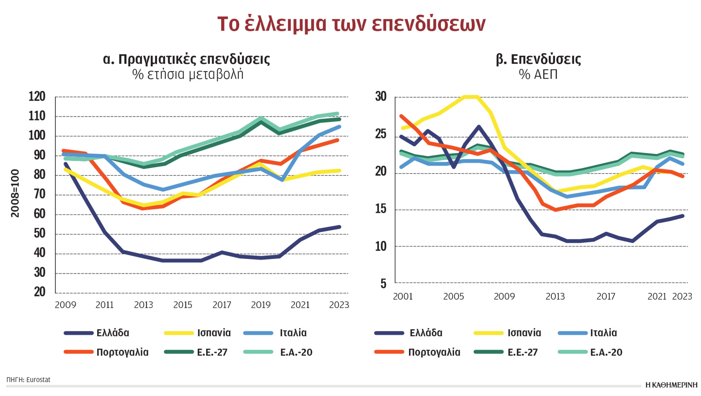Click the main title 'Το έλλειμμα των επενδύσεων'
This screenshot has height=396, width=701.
click(351, 24)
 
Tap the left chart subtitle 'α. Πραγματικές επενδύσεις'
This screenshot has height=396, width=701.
click(186, 59)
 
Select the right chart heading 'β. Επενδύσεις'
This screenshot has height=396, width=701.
click(538, 59)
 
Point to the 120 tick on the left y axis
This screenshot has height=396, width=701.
click(37, 97)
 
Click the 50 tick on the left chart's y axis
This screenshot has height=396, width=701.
click(39, 234)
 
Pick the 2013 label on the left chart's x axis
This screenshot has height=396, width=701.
click(143, 305)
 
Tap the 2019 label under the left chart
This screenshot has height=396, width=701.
click(261, 305)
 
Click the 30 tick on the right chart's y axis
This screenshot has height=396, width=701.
click(380, 97)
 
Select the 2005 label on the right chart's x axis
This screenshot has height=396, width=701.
click(453, 296)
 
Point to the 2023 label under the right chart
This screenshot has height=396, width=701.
click(682, 296)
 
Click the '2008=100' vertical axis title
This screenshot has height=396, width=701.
click(15, 193)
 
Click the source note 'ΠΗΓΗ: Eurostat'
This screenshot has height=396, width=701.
click(28, 380)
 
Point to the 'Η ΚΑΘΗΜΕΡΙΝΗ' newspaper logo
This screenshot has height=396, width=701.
click(671, 385)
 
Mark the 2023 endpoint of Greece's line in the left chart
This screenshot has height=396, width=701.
click(339, 227)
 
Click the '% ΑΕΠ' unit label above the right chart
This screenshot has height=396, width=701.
click(538, 74)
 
